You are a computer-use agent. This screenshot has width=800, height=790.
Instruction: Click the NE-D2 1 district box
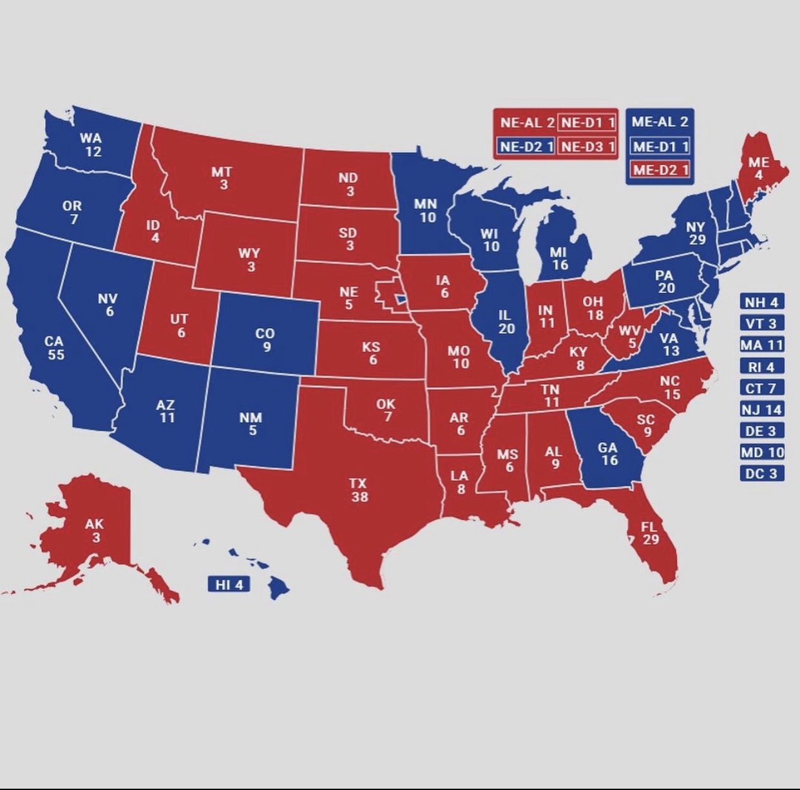pos(526,146)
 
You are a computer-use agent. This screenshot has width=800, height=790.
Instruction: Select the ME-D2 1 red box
pos(660,169)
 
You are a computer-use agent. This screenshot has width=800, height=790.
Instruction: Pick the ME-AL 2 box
pos(660,121)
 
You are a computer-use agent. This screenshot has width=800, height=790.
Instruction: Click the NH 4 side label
pos(761,302)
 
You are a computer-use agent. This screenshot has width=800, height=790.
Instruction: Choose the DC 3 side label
pos(761,474)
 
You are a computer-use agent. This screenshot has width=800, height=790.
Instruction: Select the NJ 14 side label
pos(761,409)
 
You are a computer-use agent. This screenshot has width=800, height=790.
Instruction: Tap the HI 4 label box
pos(229,584)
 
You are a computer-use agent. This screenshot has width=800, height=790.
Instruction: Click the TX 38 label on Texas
pos(359,490)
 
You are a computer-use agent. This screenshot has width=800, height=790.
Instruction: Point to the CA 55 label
pos(55,347)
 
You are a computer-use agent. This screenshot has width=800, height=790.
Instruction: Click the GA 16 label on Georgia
pos(608,454)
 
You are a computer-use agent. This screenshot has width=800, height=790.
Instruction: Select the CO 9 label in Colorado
pos(265,340)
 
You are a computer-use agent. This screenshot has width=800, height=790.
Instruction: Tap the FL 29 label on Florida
pos(649,533)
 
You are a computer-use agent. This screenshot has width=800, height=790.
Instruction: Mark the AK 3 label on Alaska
pos(94,530)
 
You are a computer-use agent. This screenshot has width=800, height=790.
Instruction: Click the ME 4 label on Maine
pos(758,168)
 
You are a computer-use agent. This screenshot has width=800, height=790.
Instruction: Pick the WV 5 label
pos(630,336)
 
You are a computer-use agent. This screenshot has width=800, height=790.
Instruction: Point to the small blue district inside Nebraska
pos(401,298)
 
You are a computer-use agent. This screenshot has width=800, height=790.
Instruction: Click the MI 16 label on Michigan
pos(559,258)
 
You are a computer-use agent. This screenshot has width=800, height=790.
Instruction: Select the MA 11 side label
pos(761,345)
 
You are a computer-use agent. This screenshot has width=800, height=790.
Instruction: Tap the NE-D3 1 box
pos(587,146)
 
